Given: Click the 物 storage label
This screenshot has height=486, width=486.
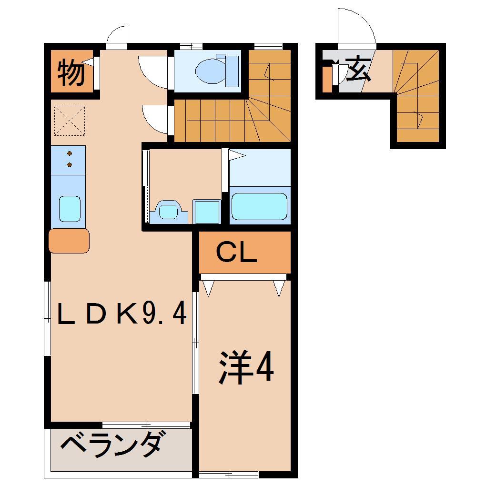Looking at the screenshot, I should click(71, 72).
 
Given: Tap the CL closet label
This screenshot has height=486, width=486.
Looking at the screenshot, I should click(236, 253).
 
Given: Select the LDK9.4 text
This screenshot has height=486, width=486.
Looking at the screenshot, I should click(121, 314).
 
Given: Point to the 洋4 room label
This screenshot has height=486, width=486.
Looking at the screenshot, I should click(246, 367).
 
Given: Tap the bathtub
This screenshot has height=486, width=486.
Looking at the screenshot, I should click(259, 206).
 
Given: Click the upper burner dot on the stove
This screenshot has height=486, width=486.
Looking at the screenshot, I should click(70, 153).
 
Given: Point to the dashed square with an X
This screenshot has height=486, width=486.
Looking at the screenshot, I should click(70, 120).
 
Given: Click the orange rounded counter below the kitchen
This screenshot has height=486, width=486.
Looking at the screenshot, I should click(69, 241).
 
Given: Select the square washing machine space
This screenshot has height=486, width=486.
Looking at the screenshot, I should click(207, 212).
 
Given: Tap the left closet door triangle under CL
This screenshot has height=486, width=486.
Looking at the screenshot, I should click(208, 287).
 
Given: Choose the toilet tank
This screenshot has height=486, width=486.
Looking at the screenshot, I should click(232, 71).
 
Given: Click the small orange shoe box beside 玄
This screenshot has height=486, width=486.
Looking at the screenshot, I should click(326, 79).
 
